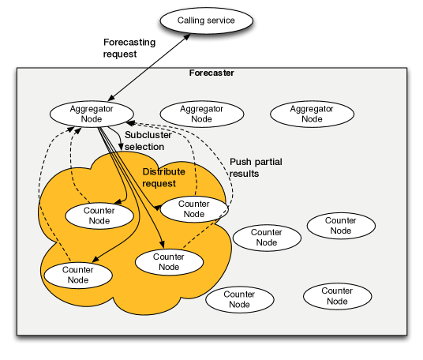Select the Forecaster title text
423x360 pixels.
pos(211,73)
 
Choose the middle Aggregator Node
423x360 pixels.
pos(202,114)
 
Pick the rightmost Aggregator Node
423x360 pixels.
pos(312,114)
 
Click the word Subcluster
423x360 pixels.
pos(148,135)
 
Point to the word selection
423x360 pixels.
pos(144,147)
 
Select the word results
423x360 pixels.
pos(244,174)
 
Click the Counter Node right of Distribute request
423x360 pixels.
pos(193,208)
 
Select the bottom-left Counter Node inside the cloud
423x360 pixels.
pos(78,275)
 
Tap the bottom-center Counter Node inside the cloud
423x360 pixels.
pos(169,261)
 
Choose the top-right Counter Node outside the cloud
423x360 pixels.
pos(340,226)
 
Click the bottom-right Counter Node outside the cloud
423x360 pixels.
pos(337,296)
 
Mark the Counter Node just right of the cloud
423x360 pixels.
pos(267,238)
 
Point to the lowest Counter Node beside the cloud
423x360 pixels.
pos(239,299)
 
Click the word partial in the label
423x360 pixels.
pos(267,162)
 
